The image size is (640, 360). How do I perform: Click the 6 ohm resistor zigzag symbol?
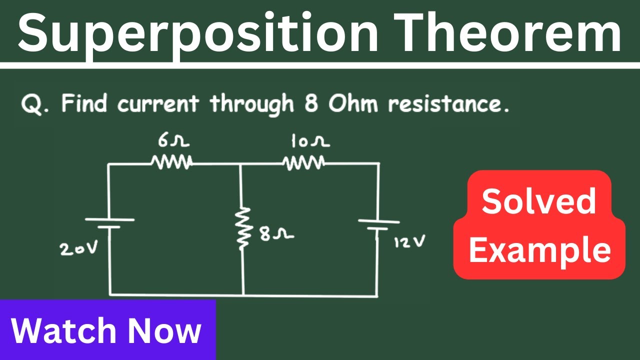(171, 162)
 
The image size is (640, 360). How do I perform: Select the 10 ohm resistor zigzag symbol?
(303, 162)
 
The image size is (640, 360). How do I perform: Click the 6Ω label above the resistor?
(173, 141)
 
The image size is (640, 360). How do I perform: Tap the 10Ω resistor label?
(310, 141)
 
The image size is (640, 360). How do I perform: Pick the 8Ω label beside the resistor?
(276, 234)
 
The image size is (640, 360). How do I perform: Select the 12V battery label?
(409, 241)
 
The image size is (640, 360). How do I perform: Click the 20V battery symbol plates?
(109, 223)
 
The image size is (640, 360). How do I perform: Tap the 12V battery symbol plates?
(379, 225)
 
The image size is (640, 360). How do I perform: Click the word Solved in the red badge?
(539, 201)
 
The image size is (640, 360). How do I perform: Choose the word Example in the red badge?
(540, 250)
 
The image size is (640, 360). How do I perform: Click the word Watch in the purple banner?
(64, 330)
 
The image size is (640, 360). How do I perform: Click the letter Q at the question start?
(32, 104)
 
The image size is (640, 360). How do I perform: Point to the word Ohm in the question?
(353, 103)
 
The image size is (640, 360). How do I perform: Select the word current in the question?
(158, 104)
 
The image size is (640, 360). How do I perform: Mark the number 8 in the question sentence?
(311, 103)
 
